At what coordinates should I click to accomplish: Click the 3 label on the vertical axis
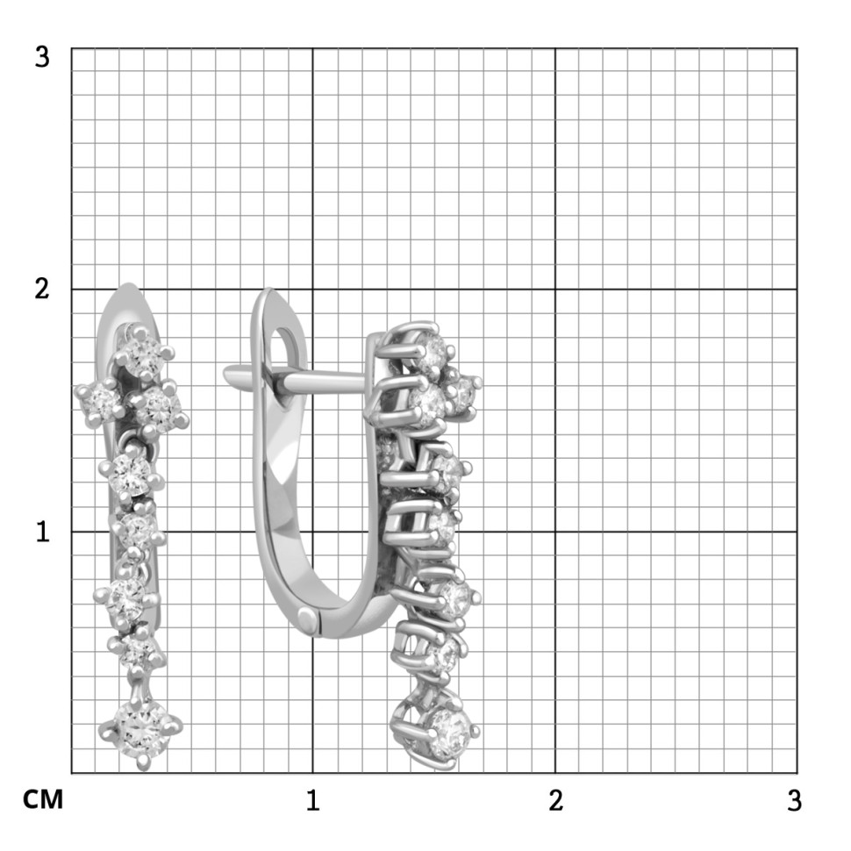point(42,57)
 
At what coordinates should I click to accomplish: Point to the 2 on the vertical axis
point(42,289)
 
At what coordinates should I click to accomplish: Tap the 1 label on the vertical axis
point(43,532)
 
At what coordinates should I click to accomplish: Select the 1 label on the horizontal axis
point(312,800)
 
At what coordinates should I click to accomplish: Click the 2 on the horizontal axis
point(555,800)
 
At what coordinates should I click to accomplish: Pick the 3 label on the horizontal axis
point(794,800)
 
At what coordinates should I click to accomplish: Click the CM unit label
point(43,800)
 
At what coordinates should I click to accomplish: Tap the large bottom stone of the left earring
point(140,730)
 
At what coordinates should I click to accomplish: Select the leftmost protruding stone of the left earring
point(100,402)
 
